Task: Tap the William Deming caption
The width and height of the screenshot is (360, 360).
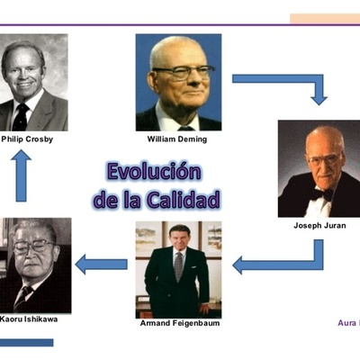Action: (177, 139)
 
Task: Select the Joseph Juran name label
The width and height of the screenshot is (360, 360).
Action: (319, 226)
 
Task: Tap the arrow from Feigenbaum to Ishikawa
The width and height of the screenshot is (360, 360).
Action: (100, 264)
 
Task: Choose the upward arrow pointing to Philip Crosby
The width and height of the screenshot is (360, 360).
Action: (22, 175)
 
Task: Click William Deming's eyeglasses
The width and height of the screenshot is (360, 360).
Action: (183, 72)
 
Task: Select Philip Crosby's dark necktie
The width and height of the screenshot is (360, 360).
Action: (21, 114)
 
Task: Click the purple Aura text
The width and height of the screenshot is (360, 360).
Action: (346, 321)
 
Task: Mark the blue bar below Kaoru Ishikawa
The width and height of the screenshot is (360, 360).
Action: (26, 342)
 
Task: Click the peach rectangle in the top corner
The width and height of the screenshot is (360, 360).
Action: (324, 18)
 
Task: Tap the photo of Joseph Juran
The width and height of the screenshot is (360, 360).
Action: (319, 168)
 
